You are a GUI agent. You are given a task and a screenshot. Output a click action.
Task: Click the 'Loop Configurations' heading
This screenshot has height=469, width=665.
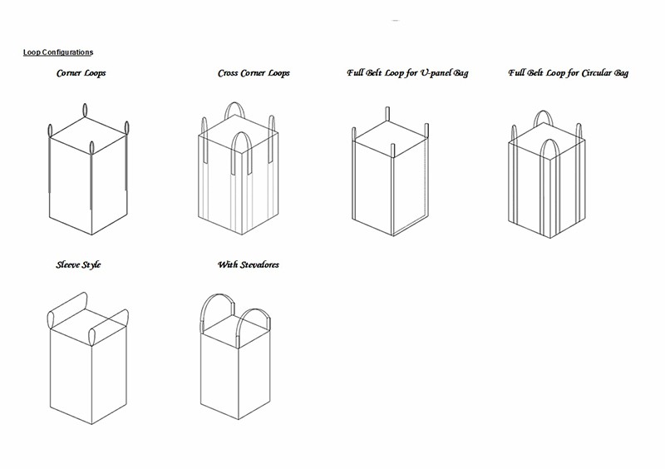coord(58,52)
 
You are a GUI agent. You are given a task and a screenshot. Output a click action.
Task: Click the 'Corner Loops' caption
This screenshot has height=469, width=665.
coord(81,73)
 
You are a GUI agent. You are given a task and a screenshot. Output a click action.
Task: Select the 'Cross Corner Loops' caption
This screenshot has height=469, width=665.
coord(254,73)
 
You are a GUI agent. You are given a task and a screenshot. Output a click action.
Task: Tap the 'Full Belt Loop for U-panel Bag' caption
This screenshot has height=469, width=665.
coord(407,73)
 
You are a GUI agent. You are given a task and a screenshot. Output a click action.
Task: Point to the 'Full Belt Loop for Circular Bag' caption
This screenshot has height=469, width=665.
coord(569,73)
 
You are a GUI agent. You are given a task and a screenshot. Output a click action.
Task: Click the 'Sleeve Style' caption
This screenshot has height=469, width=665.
coord(78,264)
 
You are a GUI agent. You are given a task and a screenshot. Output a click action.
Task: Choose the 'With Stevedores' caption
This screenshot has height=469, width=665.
coord(249,264)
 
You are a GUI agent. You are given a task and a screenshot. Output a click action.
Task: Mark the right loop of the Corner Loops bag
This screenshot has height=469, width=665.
coord(126,128)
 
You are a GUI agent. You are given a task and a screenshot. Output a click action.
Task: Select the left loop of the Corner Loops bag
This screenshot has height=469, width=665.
coord(50,131)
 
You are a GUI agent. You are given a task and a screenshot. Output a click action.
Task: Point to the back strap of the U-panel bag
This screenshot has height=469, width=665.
coord(387,114)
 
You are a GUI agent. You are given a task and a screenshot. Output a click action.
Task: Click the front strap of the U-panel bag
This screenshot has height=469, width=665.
coord(392,151)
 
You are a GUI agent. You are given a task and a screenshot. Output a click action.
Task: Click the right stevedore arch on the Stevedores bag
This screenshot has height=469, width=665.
coord(254,310)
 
